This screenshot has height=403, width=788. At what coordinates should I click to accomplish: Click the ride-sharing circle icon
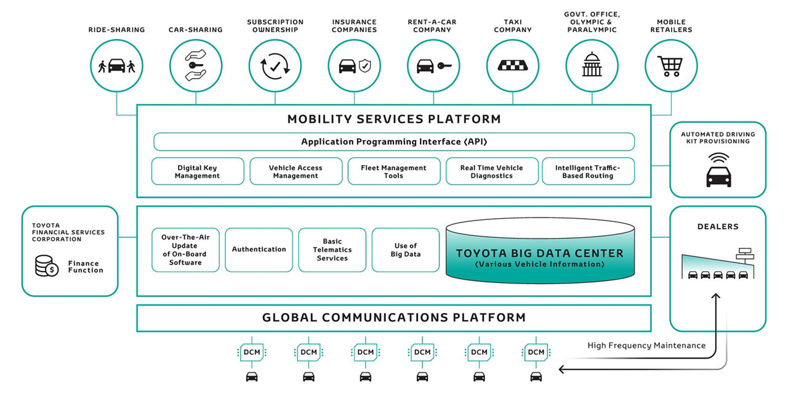[x=116, y=65]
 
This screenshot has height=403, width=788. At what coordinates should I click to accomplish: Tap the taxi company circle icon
[x=512, y=65]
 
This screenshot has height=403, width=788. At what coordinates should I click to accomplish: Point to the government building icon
[x=592, y=65]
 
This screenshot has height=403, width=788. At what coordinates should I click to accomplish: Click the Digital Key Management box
[x=197, y=171]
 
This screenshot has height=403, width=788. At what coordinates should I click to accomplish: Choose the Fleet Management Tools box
[x=393, y=171]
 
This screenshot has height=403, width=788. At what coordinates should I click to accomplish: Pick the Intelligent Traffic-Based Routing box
[x=587, y=171]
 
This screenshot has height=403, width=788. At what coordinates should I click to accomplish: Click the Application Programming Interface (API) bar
[x=393, y=142]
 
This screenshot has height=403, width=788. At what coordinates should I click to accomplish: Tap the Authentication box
[x=259, y=250]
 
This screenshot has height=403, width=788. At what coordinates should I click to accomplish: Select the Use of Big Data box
[x=405, y=250]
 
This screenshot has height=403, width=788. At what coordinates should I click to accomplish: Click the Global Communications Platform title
[x=393, y=318]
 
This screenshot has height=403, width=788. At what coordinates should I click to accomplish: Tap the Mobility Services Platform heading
[x=393, y=119]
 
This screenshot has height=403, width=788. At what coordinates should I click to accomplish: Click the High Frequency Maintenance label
[x=646, y=346]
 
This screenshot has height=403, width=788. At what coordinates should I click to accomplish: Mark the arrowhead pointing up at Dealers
[x=715, y=297]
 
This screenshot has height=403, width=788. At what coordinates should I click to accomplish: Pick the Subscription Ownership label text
[x=275, y=26]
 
